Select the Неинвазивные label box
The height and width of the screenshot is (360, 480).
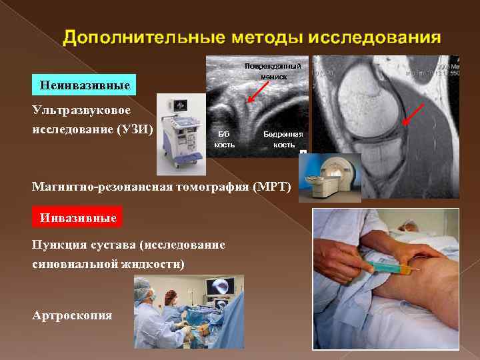[x=84, y=85]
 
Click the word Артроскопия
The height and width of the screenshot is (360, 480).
[x=72, y=315]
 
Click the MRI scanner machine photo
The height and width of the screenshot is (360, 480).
[x=329, y=177]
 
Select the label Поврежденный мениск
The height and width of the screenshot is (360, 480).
[x=273, y=71]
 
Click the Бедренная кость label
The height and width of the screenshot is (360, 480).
[x=284, y=139]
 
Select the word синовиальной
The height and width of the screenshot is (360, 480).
[x=73, y=264]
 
